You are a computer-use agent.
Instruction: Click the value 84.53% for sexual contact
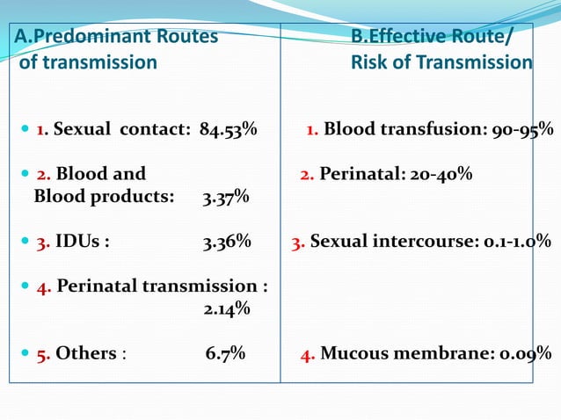click(228, 130)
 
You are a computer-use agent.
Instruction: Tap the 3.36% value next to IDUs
click(226, 242)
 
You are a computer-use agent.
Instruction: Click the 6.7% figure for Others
click(225, 353)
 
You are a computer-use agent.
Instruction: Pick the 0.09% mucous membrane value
click(526, 353)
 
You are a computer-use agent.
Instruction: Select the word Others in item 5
click(86, 353)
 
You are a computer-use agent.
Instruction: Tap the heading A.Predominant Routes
click(116, 37)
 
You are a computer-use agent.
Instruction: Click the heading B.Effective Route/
click(429, 37)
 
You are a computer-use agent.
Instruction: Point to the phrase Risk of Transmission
click(441, 62)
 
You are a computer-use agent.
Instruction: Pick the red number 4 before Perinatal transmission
click(43, 286)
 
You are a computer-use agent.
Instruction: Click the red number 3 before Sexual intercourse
click(297, 242)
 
